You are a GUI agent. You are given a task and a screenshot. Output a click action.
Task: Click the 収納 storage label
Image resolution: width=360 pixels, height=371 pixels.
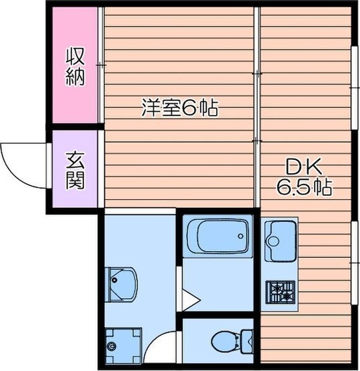(75, 66)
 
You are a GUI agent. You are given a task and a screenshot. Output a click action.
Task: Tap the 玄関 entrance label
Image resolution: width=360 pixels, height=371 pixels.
(75, 171)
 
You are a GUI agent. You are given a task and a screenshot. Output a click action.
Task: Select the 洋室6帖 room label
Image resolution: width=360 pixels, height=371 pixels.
(179, 108)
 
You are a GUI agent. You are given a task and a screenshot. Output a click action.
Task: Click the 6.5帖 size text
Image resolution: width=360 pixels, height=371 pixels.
(304, 187)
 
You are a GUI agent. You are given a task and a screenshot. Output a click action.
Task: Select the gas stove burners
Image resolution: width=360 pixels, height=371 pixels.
(281, 291)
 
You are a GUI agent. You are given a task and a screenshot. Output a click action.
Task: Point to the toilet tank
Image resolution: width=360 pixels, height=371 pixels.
(245, 342)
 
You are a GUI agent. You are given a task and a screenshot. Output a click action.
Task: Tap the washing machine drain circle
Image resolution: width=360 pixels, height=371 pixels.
(111, 346)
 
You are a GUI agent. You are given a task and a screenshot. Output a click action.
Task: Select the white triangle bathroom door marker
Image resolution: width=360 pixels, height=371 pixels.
(190, 300)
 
